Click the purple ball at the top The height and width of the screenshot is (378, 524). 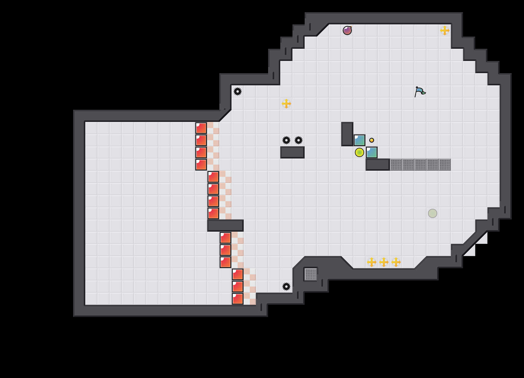[347, 30]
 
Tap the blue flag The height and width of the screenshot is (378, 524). [420, 91]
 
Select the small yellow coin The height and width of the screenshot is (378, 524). [372, 140]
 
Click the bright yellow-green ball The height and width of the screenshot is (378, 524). [359, 152]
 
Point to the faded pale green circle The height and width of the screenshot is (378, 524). [433, 213]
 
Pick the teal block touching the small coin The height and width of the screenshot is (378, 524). [359, 140]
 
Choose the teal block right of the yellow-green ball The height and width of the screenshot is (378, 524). [372, 152]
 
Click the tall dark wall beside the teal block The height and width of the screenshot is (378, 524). [347, 134]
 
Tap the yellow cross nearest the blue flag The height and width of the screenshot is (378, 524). [445, 30]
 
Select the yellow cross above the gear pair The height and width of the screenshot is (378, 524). [286, 104]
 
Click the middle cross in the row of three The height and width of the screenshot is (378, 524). [384, 262]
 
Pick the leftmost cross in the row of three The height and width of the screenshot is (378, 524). [372, 262]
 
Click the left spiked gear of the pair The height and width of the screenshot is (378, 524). [286, 140]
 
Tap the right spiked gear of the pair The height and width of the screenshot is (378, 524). [299, 140]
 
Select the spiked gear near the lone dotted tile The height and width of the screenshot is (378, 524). [286, 287]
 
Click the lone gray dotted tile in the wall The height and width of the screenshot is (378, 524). [311, 274]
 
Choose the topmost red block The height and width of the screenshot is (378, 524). [201, 128]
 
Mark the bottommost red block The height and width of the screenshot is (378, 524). [238, 299]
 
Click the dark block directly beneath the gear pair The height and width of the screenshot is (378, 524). [292, 152]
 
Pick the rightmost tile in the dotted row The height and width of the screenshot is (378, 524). [445, 165]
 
